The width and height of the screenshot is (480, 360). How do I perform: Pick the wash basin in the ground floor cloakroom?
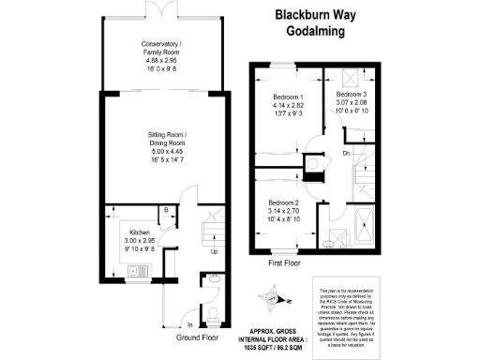214,278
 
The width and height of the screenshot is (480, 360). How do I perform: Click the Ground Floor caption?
195,336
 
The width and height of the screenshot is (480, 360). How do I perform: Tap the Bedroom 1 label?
287,98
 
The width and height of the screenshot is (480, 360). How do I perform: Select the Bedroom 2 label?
284,203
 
